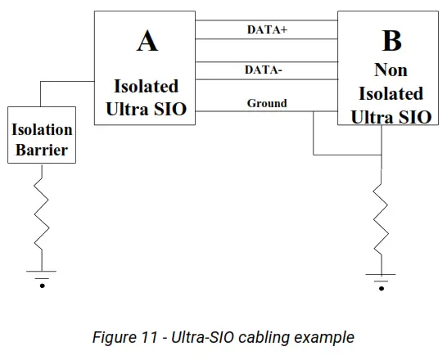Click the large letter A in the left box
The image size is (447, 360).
point(147,41)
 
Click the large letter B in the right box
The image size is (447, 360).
point(391,41)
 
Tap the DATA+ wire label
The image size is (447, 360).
point(267,29)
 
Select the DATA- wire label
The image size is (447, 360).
point(264,70)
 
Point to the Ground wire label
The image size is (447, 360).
point(267,103)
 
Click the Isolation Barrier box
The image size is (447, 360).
point(42,139)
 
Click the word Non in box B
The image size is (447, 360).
point(391,70)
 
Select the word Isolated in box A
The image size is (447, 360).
point(146,86)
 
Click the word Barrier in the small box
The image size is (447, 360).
point(42,151)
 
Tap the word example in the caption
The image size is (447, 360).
point(328,337)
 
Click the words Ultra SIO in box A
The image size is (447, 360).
point(146,109)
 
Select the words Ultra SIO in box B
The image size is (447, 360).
point(391,116)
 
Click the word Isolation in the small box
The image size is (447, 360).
point(42,129)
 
